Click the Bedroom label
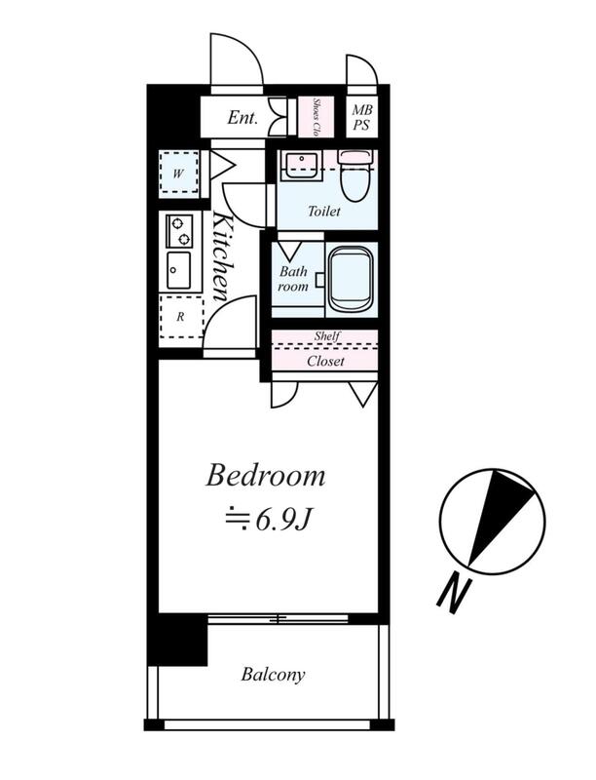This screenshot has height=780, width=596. (x=266, y=476)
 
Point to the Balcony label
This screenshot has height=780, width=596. (x=273, y=675)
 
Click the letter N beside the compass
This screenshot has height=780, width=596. (x=454, y=595)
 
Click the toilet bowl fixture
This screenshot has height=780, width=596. (x=354, y=175)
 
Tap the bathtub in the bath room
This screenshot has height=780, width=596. (x=351, y=280)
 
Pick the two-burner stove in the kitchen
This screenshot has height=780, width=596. (x=179, y=231)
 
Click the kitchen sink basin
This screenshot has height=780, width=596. (x=178, y=270)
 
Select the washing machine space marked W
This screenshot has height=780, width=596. (x=179, y=174)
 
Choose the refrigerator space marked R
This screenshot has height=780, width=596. (x=181, y=317)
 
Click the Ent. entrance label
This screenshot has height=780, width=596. (x=242, y=117)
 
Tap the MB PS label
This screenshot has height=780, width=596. (x=361, y=117)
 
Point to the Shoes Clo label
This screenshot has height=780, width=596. (x=315, y=117)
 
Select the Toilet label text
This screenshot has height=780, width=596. (x=324, y=212)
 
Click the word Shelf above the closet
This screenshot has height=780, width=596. (x=327, y=336)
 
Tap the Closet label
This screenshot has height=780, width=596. (x=325, y=361)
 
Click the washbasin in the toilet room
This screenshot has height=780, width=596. (x=300, y=165)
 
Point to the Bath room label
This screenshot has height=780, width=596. (x=293, y=279)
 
